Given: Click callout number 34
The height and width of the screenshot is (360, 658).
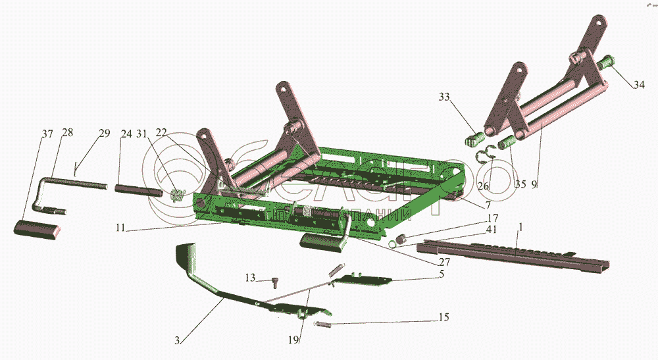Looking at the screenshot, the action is (640, 85).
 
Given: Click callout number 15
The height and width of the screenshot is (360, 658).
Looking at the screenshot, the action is (443, 317).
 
